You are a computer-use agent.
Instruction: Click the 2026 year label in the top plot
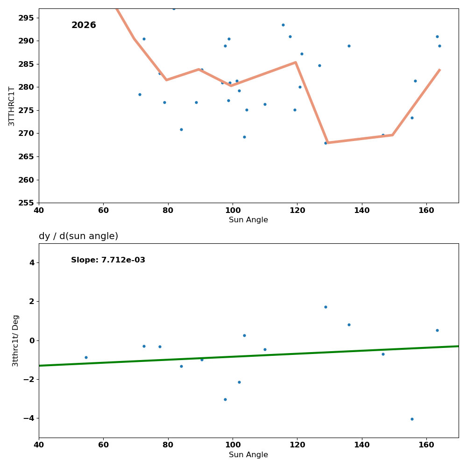click(x=84, y=26)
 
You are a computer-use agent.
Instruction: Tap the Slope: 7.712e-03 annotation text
click(x=108, y=260)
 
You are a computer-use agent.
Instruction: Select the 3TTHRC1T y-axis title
click(x=12, y=106)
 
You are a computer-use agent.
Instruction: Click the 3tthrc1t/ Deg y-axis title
click(x=15, y=340)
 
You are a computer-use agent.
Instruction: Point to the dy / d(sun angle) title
click(x=78, y=236)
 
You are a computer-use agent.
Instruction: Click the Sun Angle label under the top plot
click(x=248, y=220)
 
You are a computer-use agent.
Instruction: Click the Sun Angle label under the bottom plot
click(x=248, y=455)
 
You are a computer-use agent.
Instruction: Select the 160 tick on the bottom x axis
click(x=426, y=445)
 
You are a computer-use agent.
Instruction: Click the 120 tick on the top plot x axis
click(x=297, y=210)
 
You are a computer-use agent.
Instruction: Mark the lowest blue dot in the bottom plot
click(x=412, y=419)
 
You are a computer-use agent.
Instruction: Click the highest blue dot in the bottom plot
click(x=325, y=307)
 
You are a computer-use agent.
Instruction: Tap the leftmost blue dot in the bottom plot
click(x=86, y=357)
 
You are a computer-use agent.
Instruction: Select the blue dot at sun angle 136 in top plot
click(x=349, y=46)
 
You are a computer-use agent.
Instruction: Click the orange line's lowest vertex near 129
click(x=327, y=143)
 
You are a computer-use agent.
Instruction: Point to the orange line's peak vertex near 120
click(x=296, y=62)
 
